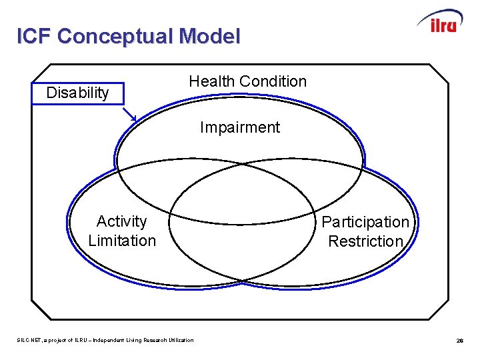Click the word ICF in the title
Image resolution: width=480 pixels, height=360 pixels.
coord(34,36)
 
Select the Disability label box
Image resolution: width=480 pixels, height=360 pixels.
coord(77,93)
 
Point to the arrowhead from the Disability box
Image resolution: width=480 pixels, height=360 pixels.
coord(133,119)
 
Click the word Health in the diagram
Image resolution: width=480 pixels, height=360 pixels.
coord(212,81)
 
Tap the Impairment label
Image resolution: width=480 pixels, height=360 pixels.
coord(240,127)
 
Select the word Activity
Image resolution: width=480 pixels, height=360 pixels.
coord(121,221)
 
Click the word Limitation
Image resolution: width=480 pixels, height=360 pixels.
coord(122,240)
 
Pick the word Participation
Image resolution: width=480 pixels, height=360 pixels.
coord(365,222)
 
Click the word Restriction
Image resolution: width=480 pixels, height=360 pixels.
coord(365,241)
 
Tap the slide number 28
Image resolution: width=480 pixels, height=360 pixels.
coord(460,341)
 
